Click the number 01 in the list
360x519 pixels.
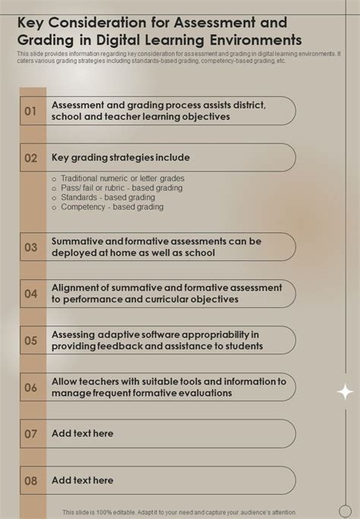31,111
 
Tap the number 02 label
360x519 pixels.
31,158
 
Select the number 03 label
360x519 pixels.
31,247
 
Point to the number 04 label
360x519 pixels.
31,293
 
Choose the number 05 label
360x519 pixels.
31,341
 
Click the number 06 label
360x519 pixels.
31,387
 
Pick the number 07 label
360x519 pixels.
31,434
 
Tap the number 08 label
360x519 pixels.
31,480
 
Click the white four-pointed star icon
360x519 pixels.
345,392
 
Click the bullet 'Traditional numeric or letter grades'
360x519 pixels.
122,178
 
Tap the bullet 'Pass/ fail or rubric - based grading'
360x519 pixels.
122,187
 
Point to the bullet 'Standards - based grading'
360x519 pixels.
108,197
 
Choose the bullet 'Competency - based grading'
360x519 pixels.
112,206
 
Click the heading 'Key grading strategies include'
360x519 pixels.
121,158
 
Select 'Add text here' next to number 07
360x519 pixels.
82,433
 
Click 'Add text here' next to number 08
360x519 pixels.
82,480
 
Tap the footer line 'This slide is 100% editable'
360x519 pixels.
179,512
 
